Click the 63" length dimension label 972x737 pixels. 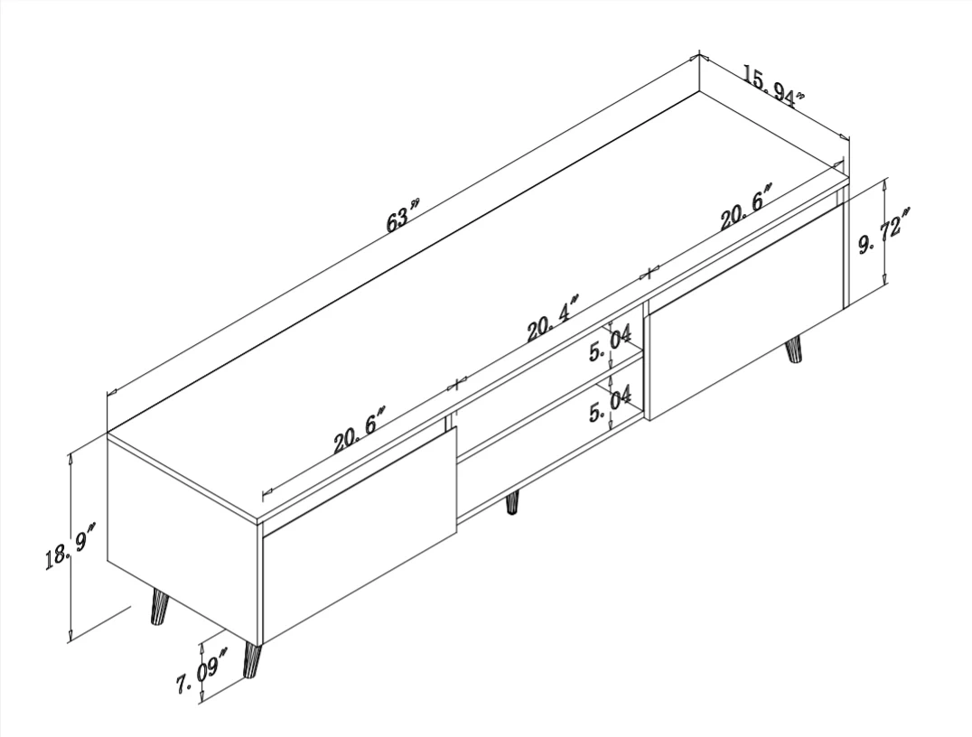403,216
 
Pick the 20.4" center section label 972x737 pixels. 553,318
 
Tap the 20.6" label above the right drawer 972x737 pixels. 746,207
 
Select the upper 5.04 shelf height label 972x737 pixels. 610,343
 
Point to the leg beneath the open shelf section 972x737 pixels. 512,503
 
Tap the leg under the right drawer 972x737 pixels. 794,350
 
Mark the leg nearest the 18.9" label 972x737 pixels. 158,607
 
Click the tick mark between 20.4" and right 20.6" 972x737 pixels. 649,272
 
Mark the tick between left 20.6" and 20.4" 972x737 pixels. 456,385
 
